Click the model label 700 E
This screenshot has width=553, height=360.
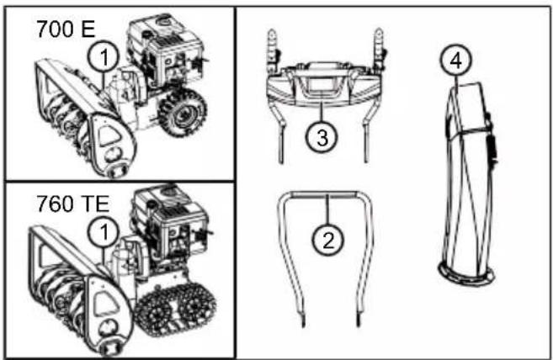pos(66,29)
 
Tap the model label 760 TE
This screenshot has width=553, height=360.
pos(73,204)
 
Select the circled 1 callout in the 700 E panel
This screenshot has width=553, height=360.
pos(104,56)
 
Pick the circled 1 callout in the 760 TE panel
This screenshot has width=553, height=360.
pos(104,232)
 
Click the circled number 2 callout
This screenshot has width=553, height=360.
pos(327,241)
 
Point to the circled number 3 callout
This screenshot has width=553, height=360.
pos(322,137)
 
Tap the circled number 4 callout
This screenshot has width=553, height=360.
pos(456,60)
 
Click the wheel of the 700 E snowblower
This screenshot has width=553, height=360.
pos(183,113)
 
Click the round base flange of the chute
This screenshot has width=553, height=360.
pos(466,274)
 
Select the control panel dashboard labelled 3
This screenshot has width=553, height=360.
pos(322,85)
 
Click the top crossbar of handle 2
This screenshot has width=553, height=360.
pos(324,194)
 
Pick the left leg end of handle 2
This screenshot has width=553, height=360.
pos(302,320)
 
